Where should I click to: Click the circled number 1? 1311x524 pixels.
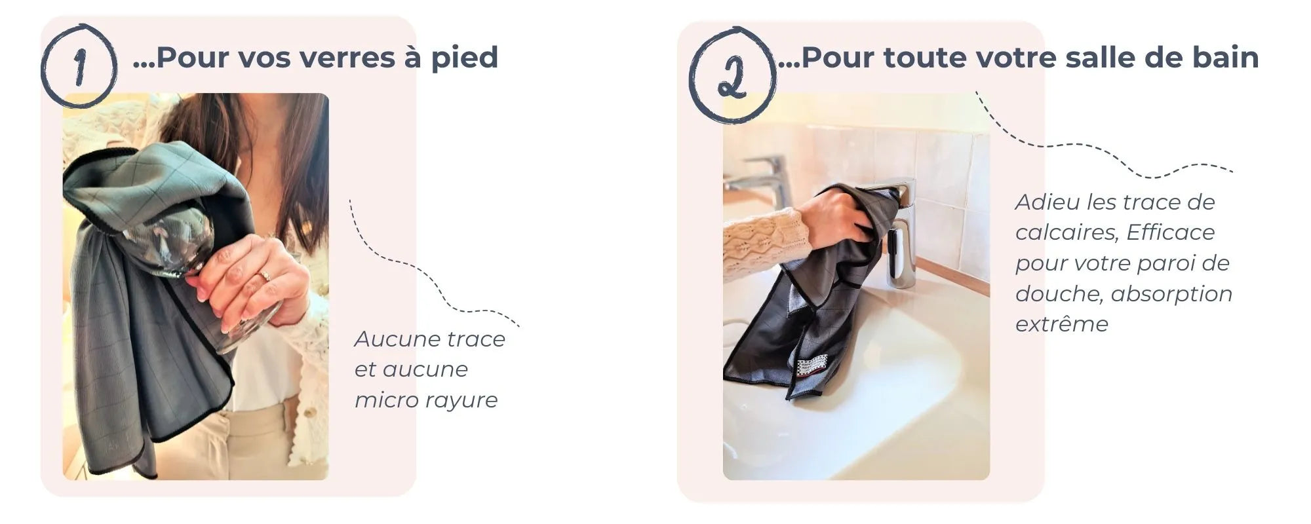pyautogui.click(x=80, y=65)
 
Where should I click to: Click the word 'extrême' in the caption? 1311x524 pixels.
pyautogui.click(x=1061, y=324)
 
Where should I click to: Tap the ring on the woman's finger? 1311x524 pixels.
pyautogui.click(x=265, y=275)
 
